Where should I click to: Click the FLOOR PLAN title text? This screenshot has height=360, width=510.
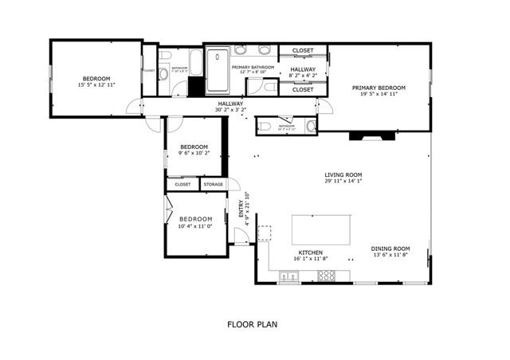[x=251, y=324]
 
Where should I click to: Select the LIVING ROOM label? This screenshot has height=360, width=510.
[x=343, y=174]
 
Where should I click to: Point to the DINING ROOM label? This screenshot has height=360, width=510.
[x=390, y=248]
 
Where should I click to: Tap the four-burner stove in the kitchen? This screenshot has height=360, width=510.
[x=327, y=276]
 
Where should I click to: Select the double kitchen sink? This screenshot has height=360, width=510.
[x=289, y=277]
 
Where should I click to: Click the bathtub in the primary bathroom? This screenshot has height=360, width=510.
[x=217, y=72]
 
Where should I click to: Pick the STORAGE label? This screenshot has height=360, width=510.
[x=213, y=185]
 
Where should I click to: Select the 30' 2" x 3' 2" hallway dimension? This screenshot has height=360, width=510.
[x=231, y=110]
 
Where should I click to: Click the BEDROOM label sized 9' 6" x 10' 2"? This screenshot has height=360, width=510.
[x=194, y=147]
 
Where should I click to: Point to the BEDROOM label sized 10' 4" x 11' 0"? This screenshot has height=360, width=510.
[x=195, y=219]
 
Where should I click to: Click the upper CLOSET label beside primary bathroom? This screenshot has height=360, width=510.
[x=303, y=51]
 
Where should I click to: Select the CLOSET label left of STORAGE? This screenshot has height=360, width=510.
[x=182, y=185]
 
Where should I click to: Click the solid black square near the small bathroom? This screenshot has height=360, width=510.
[x=181, y=88]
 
